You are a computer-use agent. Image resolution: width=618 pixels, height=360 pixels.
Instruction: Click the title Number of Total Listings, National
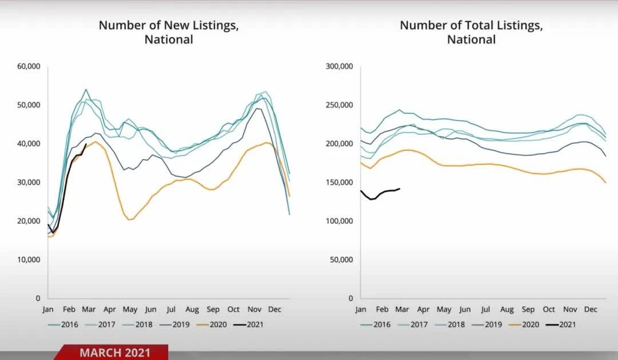[471, 33]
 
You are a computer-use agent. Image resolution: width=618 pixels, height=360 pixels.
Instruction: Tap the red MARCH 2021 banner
[114, 352]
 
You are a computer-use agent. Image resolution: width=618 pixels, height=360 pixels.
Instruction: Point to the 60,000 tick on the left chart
[29, 66]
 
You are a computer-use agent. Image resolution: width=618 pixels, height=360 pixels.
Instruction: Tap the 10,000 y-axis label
[29, 259]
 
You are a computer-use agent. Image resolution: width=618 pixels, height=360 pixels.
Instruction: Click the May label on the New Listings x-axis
[130, 310]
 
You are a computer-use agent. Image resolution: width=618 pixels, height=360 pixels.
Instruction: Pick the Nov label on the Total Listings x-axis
[570, 310]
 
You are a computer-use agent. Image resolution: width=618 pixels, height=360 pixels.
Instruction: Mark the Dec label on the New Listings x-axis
[275, 310]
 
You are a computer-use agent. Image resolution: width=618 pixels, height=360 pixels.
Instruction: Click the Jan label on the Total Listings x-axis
[360, 310]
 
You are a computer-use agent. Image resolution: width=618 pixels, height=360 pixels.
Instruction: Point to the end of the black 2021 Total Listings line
[399, 188]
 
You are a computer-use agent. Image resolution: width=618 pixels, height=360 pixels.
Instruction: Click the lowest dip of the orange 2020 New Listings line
[130, 220]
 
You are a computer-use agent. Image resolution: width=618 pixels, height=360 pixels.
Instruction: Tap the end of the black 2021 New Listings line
[86, 145]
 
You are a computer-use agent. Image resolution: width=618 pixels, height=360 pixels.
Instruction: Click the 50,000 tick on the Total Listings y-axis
[342, 259]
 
